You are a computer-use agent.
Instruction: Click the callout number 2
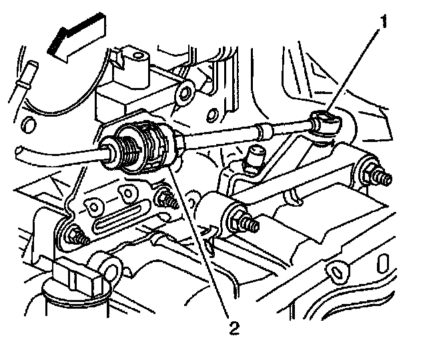coord(233,327)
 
